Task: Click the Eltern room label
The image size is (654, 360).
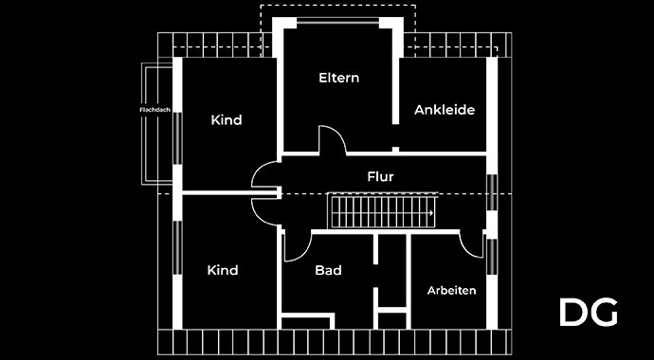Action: click(338, 78)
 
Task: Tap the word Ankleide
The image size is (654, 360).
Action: click(444, 110)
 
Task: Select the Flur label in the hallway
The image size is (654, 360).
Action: click(380, 176)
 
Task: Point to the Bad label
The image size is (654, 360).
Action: click(328, 271)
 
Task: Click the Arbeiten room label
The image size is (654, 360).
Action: click(451, 290)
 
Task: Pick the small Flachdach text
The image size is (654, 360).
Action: click(153, 110)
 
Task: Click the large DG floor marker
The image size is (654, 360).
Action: click(588, 312)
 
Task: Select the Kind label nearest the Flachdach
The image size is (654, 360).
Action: click(227, 120)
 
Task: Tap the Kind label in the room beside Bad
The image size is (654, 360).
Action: click(223, 271)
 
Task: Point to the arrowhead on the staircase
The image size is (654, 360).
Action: click(431, 214)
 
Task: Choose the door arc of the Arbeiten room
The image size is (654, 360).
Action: click(471, 243)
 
